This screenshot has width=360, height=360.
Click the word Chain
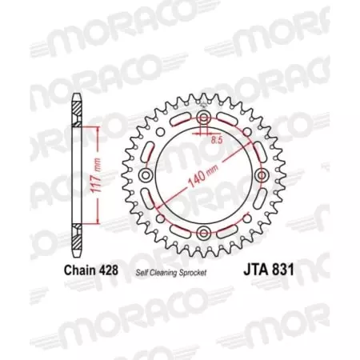pos(79,270)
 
